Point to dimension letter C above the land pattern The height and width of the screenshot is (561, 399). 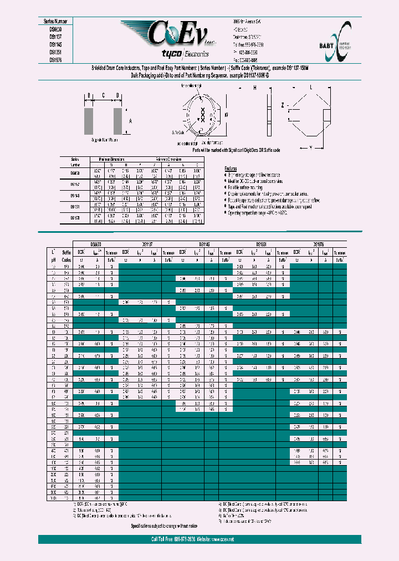tap(103, 95)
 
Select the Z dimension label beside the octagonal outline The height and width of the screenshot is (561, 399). tap(282, 121)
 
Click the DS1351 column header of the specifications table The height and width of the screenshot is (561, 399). tap(261, 244)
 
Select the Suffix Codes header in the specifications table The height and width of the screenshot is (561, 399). tap(67, 255)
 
